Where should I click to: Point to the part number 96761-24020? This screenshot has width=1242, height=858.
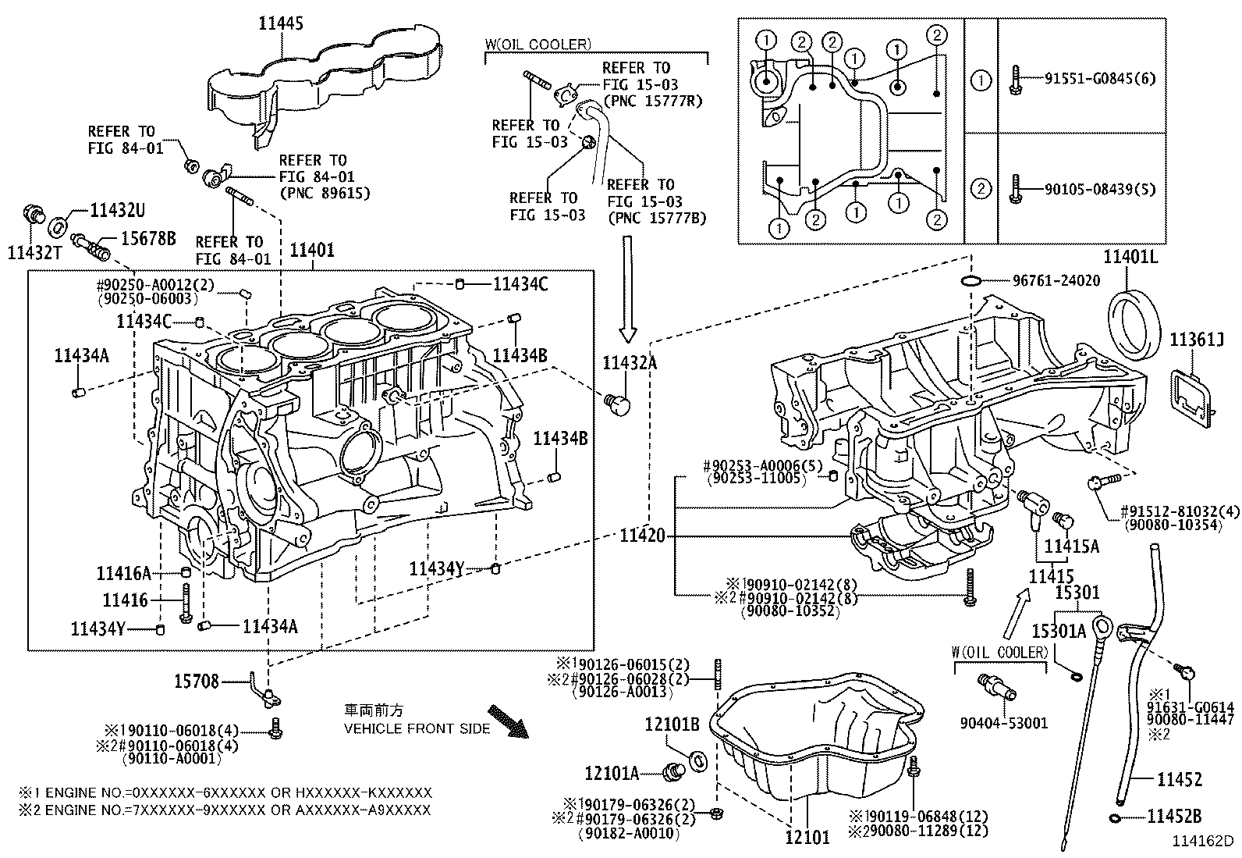(1056, 280)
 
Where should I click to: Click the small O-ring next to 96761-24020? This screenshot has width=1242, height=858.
(971, 280)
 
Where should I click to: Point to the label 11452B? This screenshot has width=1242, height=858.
(1174, 817)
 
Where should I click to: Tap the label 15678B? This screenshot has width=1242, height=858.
(147, 238)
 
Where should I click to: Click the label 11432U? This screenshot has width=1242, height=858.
(117, 210)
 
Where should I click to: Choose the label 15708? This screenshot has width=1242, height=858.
(197, 682)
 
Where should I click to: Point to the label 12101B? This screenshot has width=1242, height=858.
(672, 724)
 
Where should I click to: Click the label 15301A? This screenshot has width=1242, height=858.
(1059, 631)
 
